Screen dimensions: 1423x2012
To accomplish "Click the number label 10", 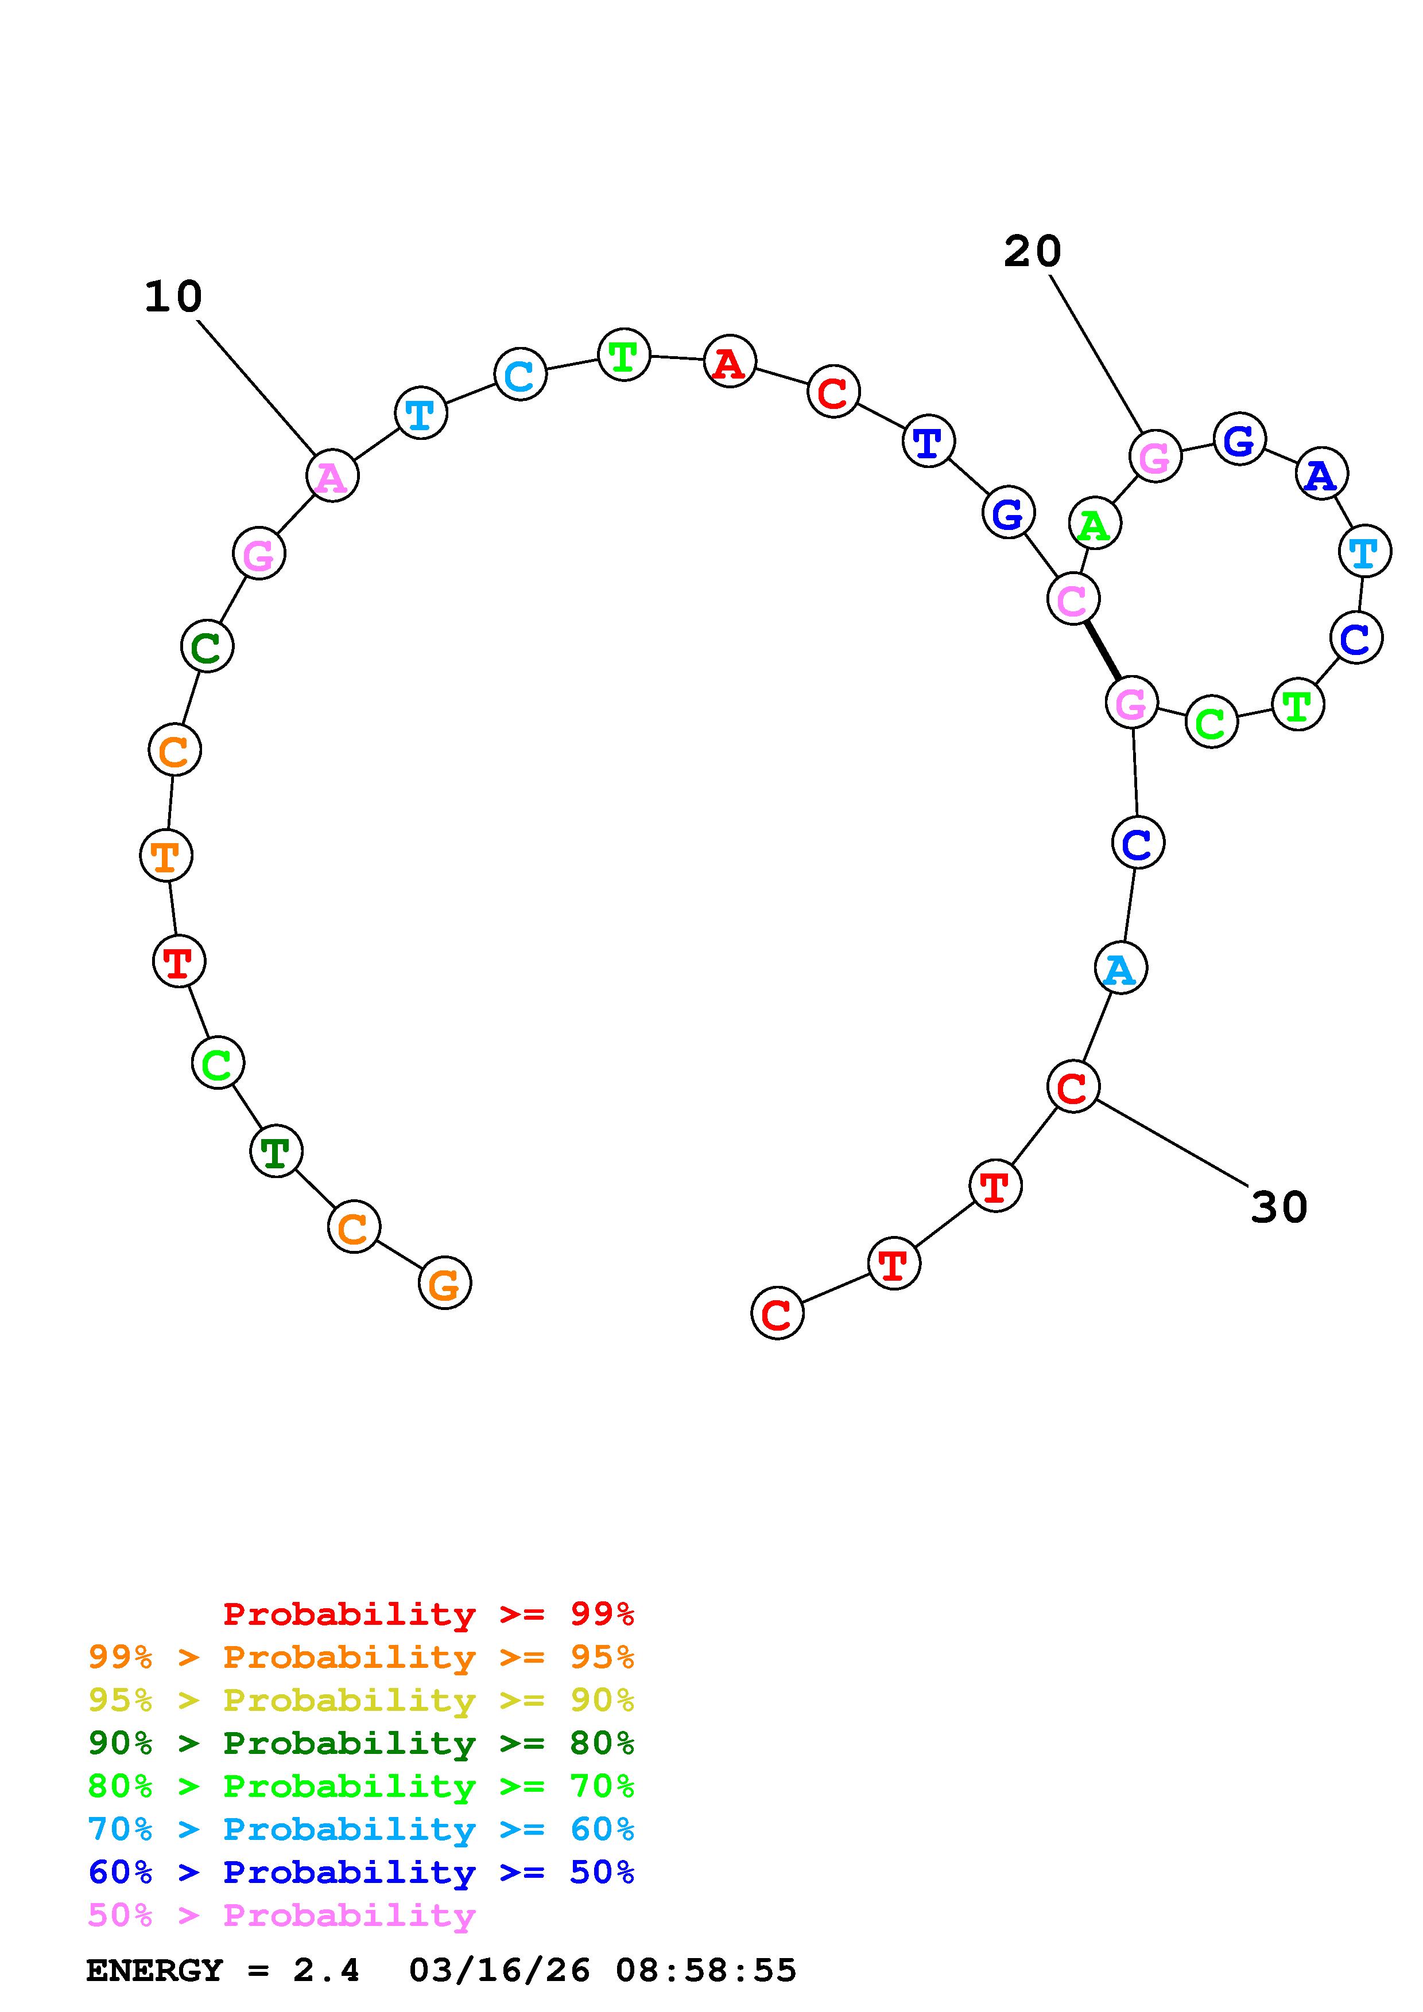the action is (x=173, y=297).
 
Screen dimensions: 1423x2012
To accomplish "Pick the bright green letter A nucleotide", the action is (x=1094, y=524).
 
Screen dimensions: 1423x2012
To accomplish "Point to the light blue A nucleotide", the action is (x=1120, y=968).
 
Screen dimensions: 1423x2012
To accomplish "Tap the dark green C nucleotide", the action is (x=207, y=647).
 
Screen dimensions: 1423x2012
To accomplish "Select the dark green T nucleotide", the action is (x=276, y=1152).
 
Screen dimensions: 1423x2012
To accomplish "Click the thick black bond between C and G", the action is (x=1102, y=651).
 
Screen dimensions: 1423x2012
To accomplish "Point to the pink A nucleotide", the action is (x=332, y=477).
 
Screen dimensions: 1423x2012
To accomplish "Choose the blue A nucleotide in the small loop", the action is (x=1320, y=475).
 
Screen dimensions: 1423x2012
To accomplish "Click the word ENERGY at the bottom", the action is (x=154, y=1971).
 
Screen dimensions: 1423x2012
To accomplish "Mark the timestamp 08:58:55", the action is (x=706, y=1971).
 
